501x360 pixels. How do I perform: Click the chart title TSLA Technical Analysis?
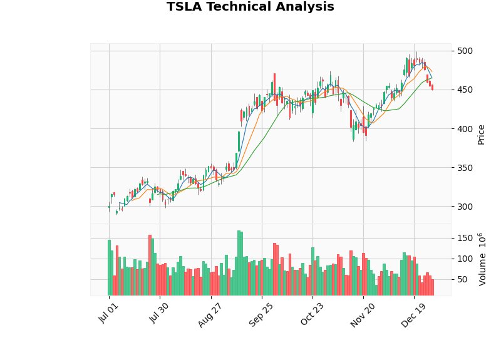pos(250,7)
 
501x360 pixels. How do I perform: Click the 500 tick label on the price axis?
pos(465,51)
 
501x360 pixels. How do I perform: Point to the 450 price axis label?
pos(465,90)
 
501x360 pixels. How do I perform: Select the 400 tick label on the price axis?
pos(465,129)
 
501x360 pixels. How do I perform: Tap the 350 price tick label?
pos(465,168)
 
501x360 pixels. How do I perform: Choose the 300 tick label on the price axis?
pos(465,207)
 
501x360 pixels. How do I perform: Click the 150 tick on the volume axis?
pos(465,239)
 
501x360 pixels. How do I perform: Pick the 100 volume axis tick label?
pos(465,259)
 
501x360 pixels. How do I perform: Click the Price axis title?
pos(482,134)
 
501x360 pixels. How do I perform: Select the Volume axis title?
pos(482,259)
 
